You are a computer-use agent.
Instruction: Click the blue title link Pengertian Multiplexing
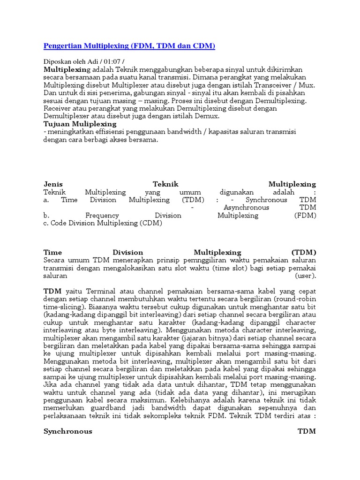[129, 45]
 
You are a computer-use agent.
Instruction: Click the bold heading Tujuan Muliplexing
[80, 124]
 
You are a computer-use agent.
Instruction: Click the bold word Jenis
[53, 184]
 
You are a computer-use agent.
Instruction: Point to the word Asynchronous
[246, 207]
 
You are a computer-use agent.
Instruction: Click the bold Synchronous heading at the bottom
[67, 431]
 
